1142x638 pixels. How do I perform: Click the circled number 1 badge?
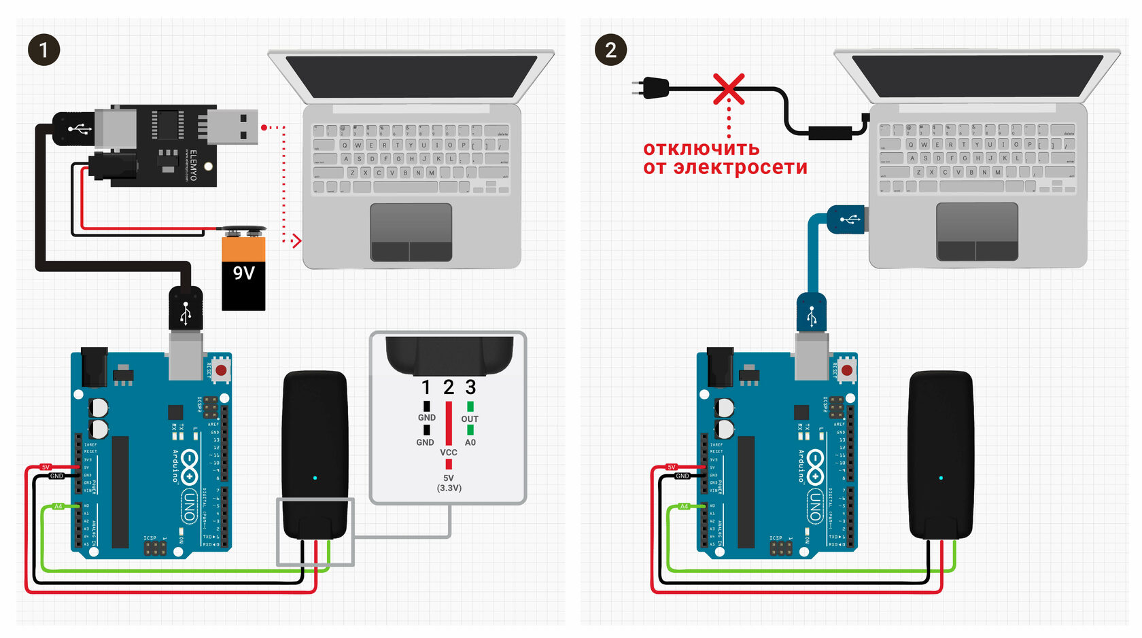44,50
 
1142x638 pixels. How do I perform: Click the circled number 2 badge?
610,50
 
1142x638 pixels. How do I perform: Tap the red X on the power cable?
729,89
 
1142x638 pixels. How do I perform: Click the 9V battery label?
243,273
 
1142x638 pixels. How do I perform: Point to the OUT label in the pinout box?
470,419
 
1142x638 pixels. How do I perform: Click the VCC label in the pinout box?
449,453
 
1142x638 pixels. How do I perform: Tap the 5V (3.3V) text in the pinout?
449,483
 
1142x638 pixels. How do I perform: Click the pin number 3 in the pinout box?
470,387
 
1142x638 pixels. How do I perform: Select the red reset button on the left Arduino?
221,370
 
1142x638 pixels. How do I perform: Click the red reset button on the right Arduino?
847,370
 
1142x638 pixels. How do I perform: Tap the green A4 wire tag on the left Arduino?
58,506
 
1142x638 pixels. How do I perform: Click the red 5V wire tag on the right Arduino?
672,467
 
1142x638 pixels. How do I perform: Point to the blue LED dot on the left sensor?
315,478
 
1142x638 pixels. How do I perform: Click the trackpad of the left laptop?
411,231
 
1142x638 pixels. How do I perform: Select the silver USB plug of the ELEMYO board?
233,127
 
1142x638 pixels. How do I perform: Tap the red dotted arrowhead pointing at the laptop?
296,241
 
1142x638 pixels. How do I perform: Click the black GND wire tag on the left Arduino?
56,476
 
